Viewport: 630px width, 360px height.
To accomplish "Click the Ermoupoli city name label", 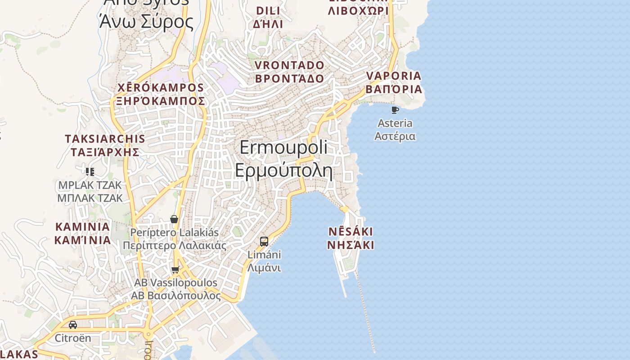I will (283, 148).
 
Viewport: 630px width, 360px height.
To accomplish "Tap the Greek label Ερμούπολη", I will (283, 171).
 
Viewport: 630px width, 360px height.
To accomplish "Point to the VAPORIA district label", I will (394, 76).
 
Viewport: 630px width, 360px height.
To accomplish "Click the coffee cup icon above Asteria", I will (395, 110).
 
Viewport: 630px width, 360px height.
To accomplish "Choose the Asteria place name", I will (395, 123).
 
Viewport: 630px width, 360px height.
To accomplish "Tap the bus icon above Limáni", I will (264, 241).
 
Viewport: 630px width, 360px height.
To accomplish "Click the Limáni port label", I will (264, 255).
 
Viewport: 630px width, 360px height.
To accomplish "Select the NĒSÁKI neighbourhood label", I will (351, 232).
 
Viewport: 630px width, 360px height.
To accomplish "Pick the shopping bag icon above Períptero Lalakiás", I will (174, 219).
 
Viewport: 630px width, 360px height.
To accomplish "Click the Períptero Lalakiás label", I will (175, 233).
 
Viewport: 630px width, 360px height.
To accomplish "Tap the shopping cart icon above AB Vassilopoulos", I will (175, 270).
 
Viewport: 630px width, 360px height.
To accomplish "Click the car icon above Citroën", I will (73, 324).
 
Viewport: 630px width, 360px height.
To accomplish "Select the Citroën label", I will (73, 338).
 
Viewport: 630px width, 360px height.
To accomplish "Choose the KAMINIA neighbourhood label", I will (82, 226).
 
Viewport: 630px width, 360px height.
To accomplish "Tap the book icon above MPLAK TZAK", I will (90, 171).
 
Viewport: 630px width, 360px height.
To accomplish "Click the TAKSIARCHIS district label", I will (105, 139).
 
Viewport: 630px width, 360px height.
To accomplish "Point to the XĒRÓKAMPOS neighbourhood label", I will (161, 87).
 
